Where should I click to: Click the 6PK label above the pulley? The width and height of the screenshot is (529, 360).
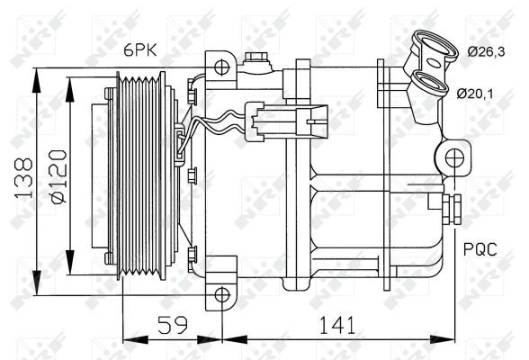pyautogui.click(x=137, y=53)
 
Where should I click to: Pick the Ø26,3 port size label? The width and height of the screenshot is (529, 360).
pyautogui.click(x=488, y=51)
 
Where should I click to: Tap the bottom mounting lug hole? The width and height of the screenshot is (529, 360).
pyautogui.click(x=222, y=292)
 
